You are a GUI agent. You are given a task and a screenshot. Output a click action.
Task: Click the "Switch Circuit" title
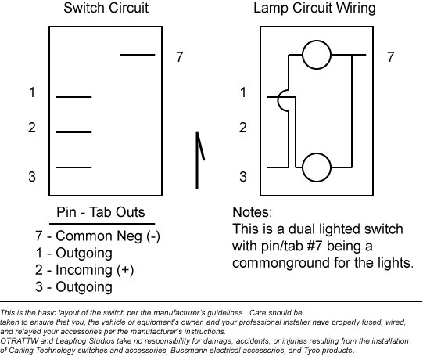coord(106,8)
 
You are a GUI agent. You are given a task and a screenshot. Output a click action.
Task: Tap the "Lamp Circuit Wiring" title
coord(314,8)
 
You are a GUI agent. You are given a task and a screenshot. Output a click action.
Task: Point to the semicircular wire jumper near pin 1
coord(278,100)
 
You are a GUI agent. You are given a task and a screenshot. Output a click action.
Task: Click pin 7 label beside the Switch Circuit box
coord(180,57)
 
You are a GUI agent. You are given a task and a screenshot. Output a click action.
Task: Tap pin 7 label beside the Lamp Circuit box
coord(391,57)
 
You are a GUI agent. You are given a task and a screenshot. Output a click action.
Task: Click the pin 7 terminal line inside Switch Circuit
coord(138,55)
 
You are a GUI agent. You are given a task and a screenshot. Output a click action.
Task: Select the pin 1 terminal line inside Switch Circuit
coord(74,97)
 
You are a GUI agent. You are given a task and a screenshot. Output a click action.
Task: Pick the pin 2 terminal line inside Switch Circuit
coord(74,132)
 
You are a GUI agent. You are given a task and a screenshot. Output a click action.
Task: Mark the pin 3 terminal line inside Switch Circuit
coord(74,167)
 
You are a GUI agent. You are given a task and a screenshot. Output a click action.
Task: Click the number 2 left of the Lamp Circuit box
coord(243,128)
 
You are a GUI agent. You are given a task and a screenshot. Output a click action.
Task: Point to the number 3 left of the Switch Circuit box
coord(32,177)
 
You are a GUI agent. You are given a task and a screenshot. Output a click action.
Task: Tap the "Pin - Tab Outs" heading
coord(101,212)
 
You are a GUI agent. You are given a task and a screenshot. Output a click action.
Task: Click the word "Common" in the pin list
coord(84,236)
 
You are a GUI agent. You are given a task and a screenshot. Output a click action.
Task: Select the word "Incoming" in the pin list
coord(84,270)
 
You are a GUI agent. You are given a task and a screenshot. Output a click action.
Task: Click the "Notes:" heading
coord(253,212)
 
